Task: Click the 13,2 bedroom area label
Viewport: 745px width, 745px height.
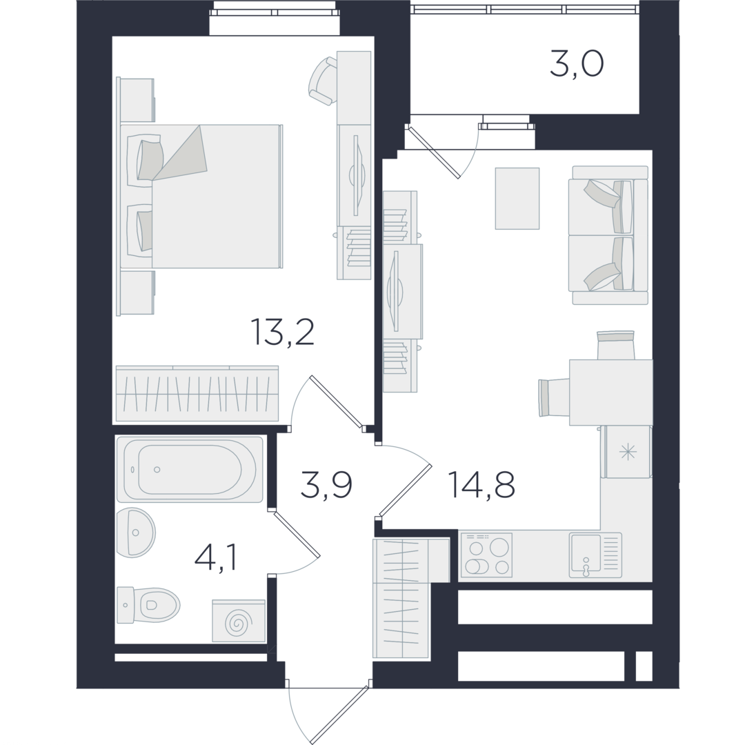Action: pos(282,332)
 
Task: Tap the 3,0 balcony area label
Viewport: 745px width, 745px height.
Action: pos(577,65)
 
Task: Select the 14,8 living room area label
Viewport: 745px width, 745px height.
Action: pos(481,485)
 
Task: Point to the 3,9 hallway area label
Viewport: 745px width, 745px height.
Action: pos(326,486)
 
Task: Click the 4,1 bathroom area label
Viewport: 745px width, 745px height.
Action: pos(216,558)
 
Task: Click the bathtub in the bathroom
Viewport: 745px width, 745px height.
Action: pos(190,470)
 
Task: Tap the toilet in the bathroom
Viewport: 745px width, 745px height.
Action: pos(148,606)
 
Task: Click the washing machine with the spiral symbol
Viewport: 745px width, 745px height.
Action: pos(239,621)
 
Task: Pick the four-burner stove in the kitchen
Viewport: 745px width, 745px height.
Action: pos(486,555)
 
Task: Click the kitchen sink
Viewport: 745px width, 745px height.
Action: pos(595,555)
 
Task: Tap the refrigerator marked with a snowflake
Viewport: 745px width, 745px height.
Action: pos(627,452)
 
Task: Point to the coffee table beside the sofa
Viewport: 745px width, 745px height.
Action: pos(517,198)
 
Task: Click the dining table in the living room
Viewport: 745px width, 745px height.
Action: pos(611,393)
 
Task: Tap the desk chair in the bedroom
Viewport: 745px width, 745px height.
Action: pos(323,81)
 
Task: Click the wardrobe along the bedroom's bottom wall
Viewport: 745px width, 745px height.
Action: pos(197,394)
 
